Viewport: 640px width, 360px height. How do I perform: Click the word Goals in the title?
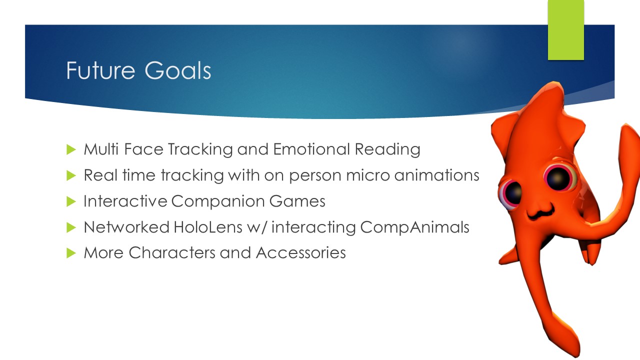point(178,71)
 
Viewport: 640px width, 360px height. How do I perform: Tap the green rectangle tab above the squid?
point(566,30)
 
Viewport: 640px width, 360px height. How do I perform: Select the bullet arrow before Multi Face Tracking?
point(70,149)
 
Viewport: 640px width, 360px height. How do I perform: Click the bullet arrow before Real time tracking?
point(70,175)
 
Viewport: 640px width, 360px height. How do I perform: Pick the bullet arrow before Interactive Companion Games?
point(70,201)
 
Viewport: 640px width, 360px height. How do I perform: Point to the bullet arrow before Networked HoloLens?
point(70,227)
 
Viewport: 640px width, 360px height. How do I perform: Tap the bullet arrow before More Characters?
point(70,253)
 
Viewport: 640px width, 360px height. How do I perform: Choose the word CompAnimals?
point(414,227)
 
